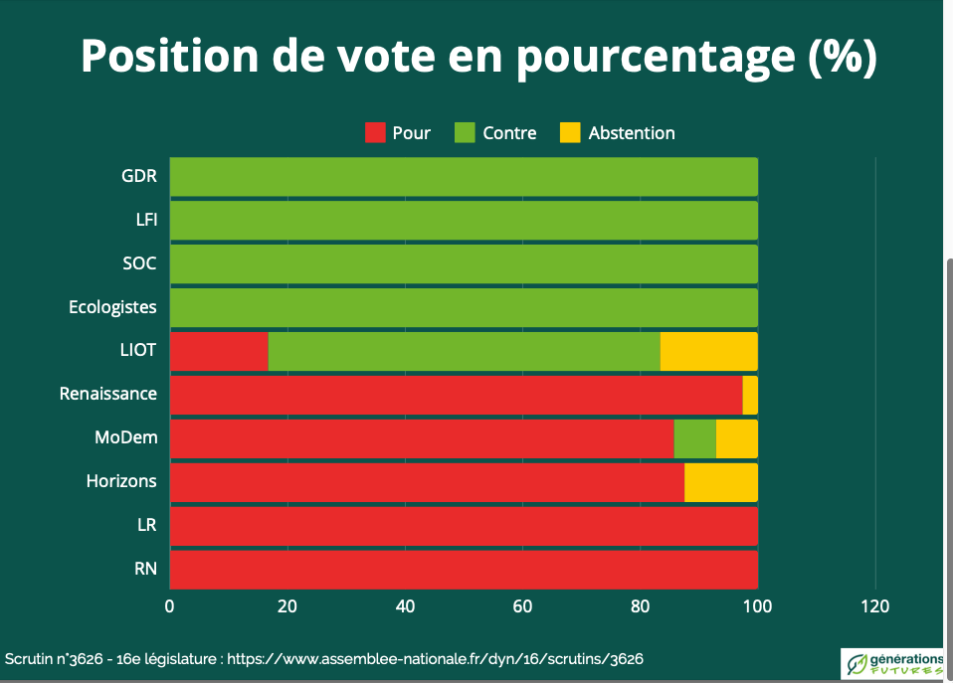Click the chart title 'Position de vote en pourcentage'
(x=477, y=57)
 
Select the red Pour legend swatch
(x=375, y=132)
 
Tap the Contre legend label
(x=509, y=132)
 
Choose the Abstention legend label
(x=632, y=132)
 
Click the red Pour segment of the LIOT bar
(x=219, y=351)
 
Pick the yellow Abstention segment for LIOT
(x=708, y=351)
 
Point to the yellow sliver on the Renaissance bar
(x=750, y=395)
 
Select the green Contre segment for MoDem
(x=694, y=438)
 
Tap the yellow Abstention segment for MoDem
(x=736, y=438)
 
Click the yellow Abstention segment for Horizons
(x=720, y=482)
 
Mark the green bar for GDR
(x=464, y=177)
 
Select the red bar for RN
(x=464, y=570)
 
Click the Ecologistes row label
(x=112, y=307)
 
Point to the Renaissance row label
(x=108, y=394)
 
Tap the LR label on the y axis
(x=145, y=525)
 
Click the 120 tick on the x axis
(x=875, y=606)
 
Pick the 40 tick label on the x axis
(x=405, y=606)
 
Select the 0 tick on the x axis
(x=170, y=606)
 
